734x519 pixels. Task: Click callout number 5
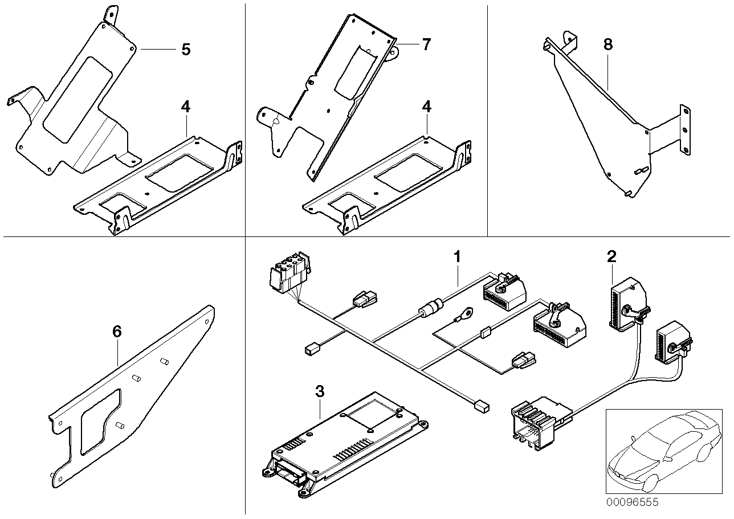tap(185, 49)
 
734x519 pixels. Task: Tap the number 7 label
tap(427, 44)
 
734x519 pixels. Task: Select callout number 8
tap(608, 44)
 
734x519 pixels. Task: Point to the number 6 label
tap(117, 332)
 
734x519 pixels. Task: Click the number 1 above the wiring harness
tap(456, 257)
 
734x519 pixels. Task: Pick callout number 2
tap(611, 257)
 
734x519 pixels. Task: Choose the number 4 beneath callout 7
tap(427, 107)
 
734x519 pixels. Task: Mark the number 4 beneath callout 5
tap(185, 107)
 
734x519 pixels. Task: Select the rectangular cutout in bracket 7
tap(353, 71)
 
